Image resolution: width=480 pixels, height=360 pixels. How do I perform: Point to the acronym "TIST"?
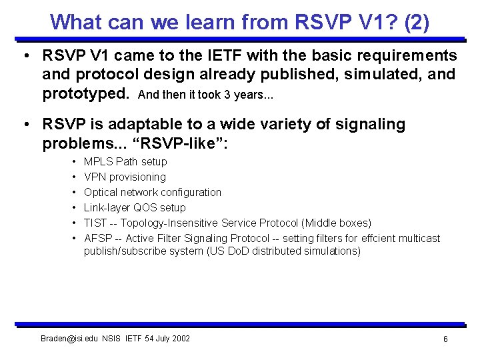[96, 223]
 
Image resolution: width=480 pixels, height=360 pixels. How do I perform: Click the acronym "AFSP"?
[97, 238]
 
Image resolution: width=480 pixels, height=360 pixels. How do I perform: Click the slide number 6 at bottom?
[445, 339]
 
